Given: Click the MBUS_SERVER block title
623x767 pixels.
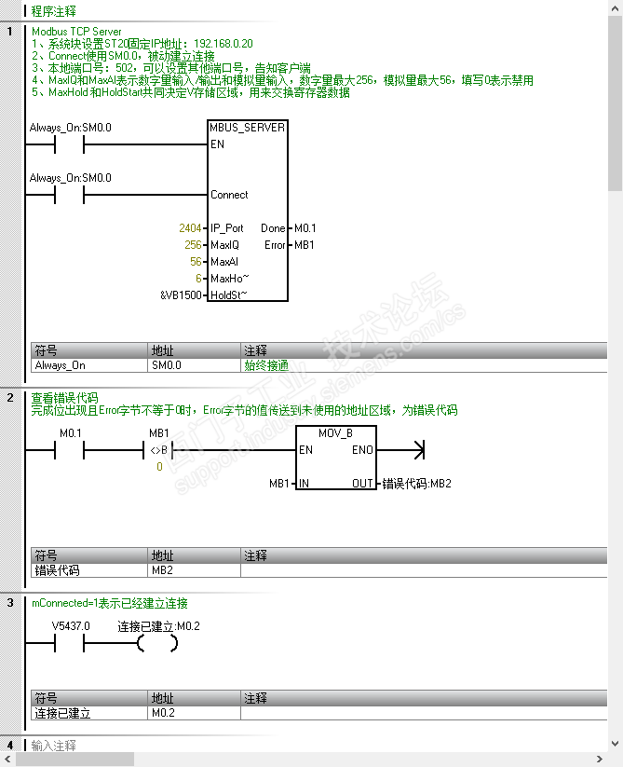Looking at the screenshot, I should point(248,127).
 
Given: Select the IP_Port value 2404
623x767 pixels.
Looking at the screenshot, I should point(190,228).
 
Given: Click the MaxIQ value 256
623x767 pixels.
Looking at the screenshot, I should point(193,245).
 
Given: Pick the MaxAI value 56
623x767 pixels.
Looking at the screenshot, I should point(196,262).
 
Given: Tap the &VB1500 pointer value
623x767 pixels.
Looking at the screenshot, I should point(181,295).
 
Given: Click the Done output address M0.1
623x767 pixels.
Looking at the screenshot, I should point(305,228).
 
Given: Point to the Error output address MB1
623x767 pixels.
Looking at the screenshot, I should point(305,245).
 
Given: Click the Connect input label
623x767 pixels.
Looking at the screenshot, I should point(229,195).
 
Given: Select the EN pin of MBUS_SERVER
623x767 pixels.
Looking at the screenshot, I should point(217,144).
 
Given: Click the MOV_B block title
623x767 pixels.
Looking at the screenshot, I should point(335,433).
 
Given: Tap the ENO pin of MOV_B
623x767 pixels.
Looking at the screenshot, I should point(362,450).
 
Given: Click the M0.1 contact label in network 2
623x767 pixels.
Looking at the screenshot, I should point(71,433).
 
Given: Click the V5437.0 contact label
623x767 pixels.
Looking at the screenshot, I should point(71,626).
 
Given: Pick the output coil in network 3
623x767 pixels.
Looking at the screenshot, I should point(157,644).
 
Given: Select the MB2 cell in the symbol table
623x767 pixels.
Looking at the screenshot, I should point(162,568).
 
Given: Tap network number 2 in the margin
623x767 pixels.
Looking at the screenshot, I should point(10,397).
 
